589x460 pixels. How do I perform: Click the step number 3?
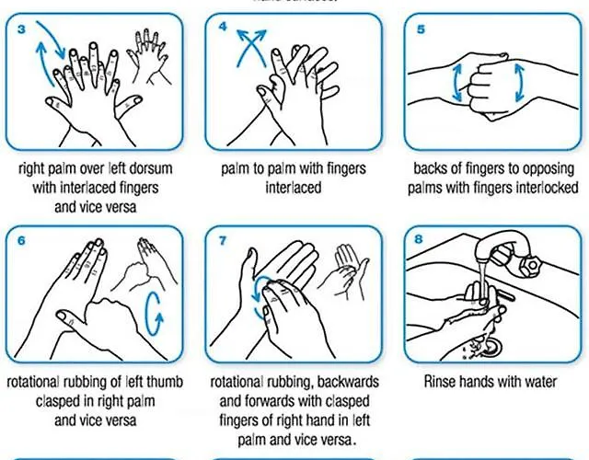pyautogui.click(x=21, y=29)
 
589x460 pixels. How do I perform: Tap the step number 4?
pyautogui.click(x=223, y=27)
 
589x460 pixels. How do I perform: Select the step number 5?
pyautogui.click(x=422, y=29)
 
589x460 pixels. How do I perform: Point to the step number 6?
pyautogui.click(x=21, y=241)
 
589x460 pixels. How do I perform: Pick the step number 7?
pyautogui.click(x=223, y=240)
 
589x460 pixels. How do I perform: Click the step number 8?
pyautogui.click(x=419, y=239)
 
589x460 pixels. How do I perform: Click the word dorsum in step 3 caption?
pyautogui.click(x=150, y=168)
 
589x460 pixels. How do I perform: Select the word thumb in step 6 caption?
pyautogui.click(x=165, y=382)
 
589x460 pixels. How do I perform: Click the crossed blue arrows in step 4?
pyautogui.click(x=251, y=48)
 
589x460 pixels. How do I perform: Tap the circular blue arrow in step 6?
pyautogui.click(x=154, y=314)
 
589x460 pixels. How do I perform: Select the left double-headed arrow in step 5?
pyautogui.click(x=457, y=83)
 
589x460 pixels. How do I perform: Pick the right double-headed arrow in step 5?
pyautogui.click(x=519, y=83)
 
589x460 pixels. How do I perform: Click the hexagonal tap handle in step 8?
pyautogui.click(x=530, y=265)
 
